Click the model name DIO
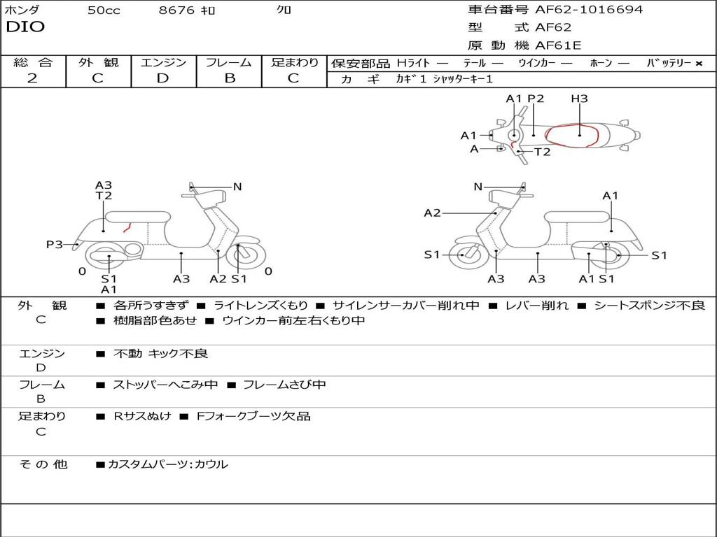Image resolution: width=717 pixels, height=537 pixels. pos(25,27)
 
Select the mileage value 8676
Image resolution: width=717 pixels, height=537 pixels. pos(178,10)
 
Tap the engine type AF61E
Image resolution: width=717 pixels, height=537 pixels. pos(558,45)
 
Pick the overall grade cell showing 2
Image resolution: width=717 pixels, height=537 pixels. pos(32,78)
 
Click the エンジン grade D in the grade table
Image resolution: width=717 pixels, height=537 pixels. pos(162,78)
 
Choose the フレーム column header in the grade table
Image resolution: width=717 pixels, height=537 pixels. pos(228,62)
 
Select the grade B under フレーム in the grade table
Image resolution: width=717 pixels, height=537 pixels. pos(229,78)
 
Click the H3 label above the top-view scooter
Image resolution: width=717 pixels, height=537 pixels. pos(579,99)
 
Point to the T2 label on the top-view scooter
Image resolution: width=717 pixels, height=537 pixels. pos(542,152)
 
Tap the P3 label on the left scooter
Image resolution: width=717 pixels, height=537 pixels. pos(55,244)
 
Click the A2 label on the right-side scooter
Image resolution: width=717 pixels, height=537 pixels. pos(432,213)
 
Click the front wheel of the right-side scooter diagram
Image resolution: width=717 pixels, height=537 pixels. pos(464,255)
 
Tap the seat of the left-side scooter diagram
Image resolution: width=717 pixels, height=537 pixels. pos(137,216)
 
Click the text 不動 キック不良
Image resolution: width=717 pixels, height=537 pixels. pos(160,354)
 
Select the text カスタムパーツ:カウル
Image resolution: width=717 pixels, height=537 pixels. pos(167,464)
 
